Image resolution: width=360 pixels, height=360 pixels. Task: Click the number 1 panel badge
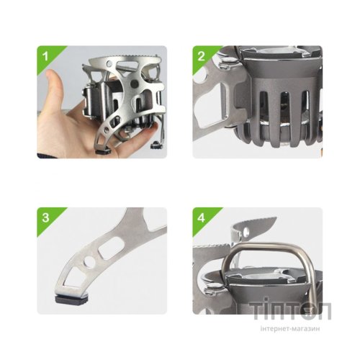[45, 56]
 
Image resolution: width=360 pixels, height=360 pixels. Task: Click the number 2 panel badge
[201, 56]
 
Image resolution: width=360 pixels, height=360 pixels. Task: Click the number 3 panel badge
[45, 218]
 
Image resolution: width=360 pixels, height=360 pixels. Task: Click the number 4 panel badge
[201, 218]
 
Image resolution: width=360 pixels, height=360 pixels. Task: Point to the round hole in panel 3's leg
[89, 262]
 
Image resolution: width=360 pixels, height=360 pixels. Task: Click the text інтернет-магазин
[290, 328]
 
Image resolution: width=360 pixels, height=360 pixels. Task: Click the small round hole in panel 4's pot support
[246, 231]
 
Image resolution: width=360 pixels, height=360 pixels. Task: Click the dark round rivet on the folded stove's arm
[134, 84]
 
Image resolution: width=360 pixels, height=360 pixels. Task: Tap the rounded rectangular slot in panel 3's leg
[112, 248]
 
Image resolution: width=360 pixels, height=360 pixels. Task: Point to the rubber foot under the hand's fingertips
[104, 151]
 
